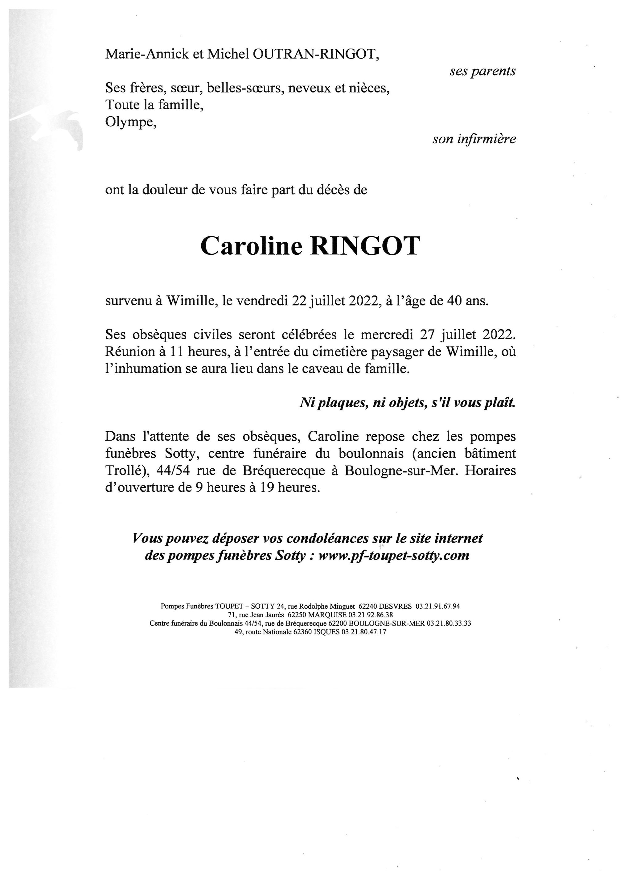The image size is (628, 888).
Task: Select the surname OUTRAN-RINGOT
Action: (316, 54)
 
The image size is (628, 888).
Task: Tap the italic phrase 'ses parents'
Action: (482, 71)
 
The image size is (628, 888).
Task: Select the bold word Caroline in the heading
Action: (251, 246)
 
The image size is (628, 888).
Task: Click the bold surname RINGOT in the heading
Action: (365, 246)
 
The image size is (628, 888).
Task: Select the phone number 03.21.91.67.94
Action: (438, 606)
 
